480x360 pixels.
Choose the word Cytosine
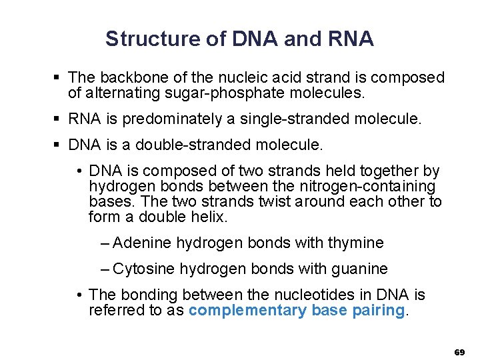tap(144, 269)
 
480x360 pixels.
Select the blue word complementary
tap(248, 311)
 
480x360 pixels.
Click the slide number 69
tap(459, 351)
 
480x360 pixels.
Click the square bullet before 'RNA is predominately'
tap(59, 119)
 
